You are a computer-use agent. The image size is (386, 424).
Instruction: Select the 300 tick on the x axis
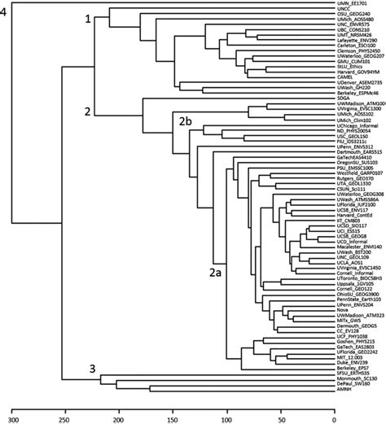pyautogui.click(x=10, y=418)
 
